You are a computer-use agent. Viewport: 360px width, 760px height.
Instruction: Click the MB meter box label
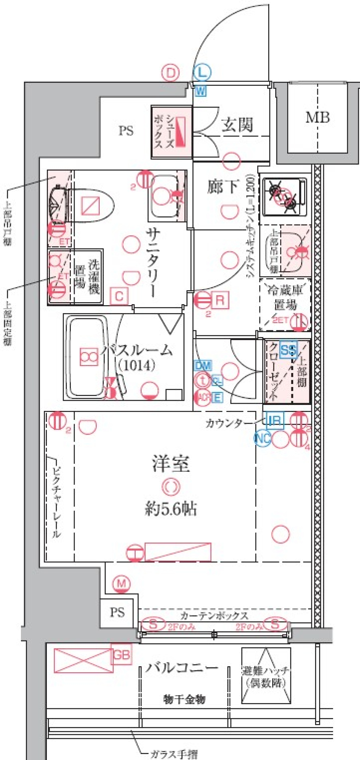tap(318, 117)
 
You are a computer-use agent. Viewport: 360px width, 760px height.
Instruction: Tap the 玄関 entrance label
tap(237, 125)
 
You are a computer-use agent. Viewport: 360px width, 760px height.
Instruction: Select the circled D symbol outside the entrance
tap(171, 73)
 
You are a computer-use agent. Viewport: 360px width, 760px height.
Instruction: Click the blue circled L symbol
tap(202, 73)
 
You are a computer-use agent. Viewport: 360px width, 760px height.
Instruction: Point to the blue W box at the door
tap(201, 91)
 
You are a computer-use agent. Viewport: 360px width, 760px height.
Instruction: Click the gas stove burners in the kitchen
tap(284, 197)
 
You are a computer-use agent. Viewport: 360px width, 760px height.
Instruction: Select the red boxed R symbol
tap(220, 300)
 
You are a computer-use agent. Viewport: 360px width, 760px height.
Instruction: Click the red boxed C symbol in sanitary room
tap(119, 297)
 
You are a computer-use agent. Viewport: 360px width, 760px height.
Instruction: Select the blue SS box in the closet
tap(288, 350)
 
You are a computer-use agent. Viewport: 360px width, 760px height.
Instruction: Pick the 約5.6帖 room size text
tap(171, 509)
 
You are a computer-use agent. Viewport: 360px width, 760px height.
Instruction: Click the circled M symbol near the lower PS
tap(121, 584)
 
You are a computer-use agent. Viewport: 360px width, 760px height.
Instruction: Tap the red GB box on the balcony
tap(121, 655)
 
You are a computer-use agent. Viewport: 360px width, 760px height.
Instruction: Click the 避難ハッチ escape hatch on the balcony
tap(266, 675)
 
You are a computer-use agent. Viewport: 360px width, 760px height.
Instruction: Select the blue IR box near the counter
tap(274, 420)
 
